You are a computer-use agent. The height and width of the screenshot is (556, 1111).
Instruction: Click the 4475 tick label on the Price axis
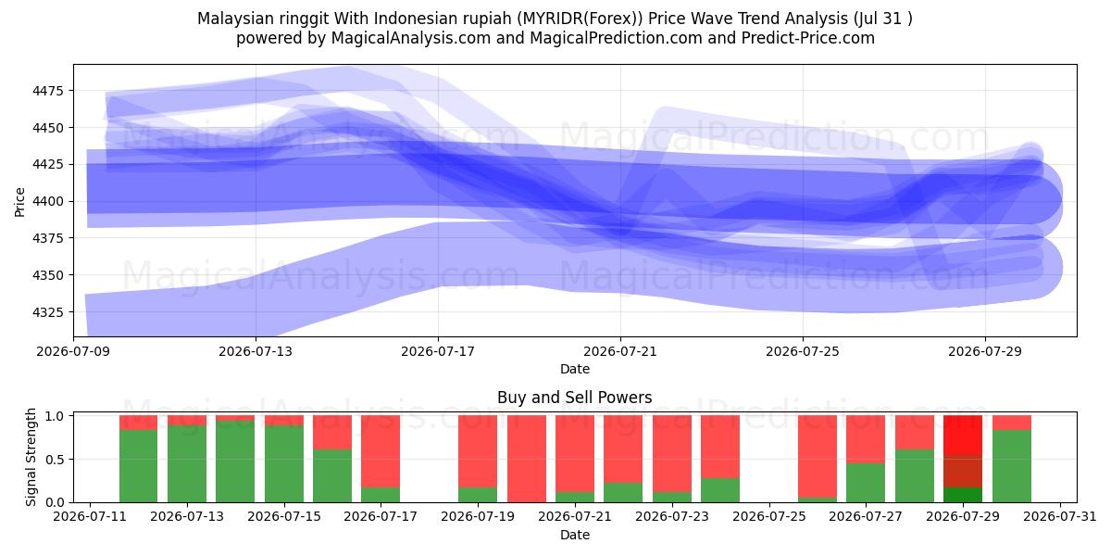(47, 91)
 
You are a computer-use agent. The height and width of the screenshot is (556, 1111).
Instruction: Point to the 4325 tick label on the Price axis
(47, 312)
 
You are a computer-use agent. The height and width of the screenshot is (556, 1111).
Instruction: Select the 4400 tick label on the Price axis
(47, 202)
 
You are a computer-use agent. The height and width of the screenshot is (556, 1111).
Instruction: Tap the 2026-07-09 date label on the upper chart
(73, 351)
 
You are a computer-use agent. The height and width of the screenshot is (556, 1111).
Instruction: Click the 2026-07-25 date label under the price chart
(803, 351)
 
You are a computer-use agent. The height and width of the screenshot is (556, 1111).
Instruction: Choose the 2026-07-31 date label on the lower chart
(1060, 517)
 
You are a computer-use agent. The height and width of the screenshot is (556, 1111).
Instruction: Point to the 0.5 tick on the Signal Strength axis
(55, 460)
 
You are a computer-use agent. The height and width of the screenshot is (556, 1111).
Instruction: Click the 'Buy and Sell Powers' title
(574, 398)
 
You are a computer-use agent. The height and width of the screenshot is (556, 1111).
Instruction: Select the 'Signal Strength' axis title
(31, 457)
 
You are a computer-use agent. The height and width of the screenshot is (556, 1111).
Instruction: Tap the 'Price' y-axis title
(19, 202)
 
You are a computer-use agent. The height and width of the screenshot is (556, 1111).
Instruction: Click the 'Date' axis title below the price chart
(575, 369)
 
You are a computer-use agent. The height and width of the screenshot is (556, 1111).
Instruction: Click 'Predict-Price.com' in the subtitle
(808, 38)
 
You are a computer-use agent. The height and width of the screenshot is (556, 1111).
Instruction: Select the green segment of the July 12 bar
(138, 466)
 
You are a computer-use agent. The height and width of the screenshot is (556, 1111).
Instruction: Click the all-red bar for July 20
(527, 459)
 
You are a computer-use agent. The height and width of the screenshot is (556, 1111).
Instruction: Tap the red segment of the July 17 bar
(381, 451)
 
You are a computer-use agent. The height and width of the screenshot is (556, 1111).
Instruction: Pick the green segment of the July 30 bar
(1012, 466)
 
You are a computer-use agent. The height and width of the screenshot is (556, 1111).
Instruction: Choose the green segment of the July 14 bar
(235, 461)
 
